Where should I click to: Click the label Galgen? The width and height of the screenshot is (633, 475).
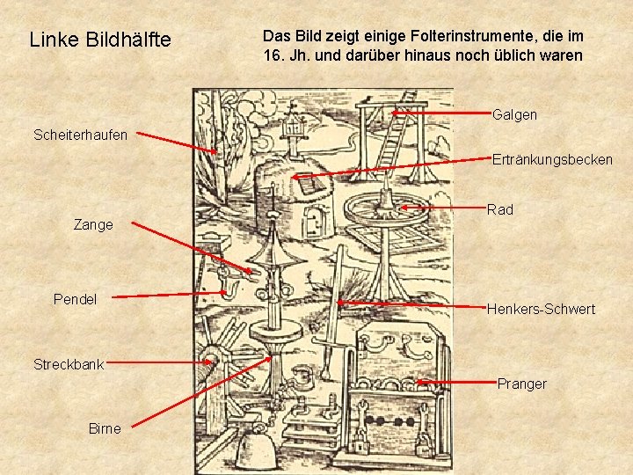pos(515,115)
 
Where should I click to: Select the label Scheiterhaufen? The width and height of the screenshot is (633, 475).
pos(80,135)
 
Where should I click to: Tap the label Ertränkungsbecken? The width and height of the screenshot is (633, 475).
pos(552,159)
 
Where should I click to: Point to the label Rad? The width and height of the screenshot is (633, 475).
pos(499,209)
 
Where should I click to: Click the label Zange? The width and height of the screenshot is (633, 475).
pos(93,225)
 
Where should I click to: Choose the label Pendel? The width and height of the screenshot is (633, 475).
pos(76,300)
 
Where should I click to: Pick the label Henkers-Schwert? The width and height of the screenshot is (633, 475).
pos(541,309)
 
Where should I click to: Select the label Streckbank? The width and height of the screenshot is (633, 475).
pos(69,364)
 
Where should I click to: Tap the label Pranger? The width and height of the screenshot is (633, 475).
pos(521,384)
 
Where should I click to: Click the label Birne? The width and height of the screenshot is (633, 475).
pos(105,428)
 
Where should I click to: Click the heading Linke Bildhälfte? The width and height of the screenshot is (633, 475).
pos(100,40)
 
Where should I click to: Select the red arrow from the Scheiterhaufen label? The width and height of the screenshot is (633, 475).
pos(175,143)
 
